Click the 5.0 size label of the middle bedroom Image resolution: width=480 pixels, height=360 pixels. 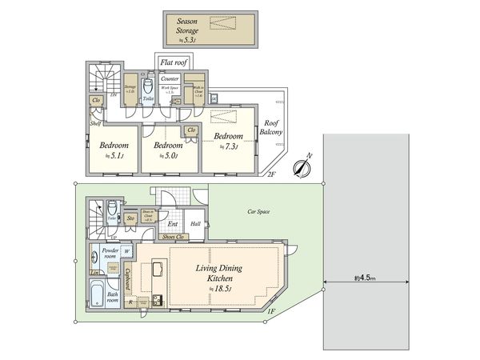[168, 155]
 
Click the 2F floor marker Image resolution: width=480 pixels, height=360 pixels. [270, 174]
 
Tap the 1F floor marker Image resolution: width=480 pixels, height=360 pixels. [271, 311]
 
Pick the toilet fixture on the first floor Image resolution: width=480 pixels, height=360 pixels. [111, 210]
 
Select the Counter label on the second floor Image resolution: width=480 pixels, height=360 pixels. [170, 78]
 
